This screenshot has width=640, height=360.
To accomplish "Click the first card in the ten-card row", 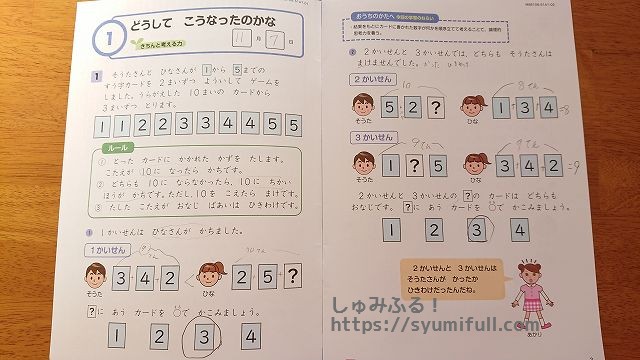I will (x=99, y=126).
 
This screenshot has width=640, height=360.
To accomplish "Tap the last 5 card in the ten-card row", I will (x=293, y=126).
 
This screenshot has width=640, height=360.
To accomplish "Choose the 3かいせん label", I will (x=368, y=135).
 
